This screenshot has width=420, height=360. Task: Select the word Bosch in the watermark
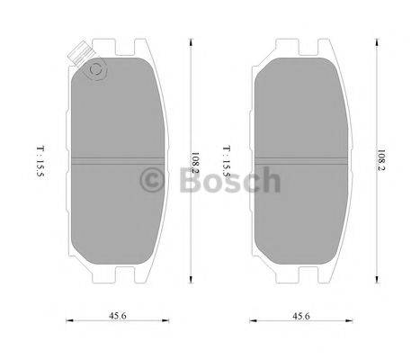pyautogui.click(x=228, y=182)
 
